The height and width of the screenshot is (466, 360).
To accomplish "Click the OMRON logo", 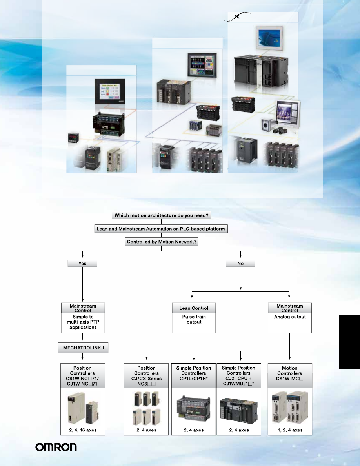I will [x=56, y=448].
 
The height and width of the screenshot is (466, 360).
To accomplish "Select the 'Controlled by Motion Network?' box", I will [x=162, y=242].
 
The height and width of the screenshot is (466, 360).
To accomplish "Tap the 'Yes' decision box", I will [x=82, y=264].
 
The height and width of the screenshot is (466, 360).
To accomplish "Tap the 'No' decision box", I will [x=240, y=264].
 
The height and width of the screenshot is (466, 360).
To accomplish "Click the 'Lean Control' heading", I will [x=194, y=308].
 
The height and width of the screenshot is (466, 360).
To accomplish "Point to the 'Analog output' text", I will [x=290, y=317].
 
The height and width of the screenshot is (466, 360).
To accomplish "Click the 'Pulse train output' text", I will [x=194, y=319].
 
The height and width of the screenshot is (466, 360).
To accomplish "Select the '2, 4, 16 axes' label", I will [x=82, y=430].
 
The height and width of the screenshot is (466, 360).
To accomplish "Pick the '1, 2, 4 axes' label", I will [x=290, y=430].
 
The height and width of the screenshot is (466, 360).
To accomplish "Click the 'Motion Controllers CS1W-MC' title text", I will [x=290, y=373].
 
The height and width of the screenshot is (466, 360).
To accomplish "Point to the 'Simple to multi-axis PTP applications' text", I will [x=82, y=322].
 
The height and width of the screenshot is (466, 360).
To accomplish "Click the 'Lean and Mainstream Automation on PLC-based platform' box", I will [x=162, y=229].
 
